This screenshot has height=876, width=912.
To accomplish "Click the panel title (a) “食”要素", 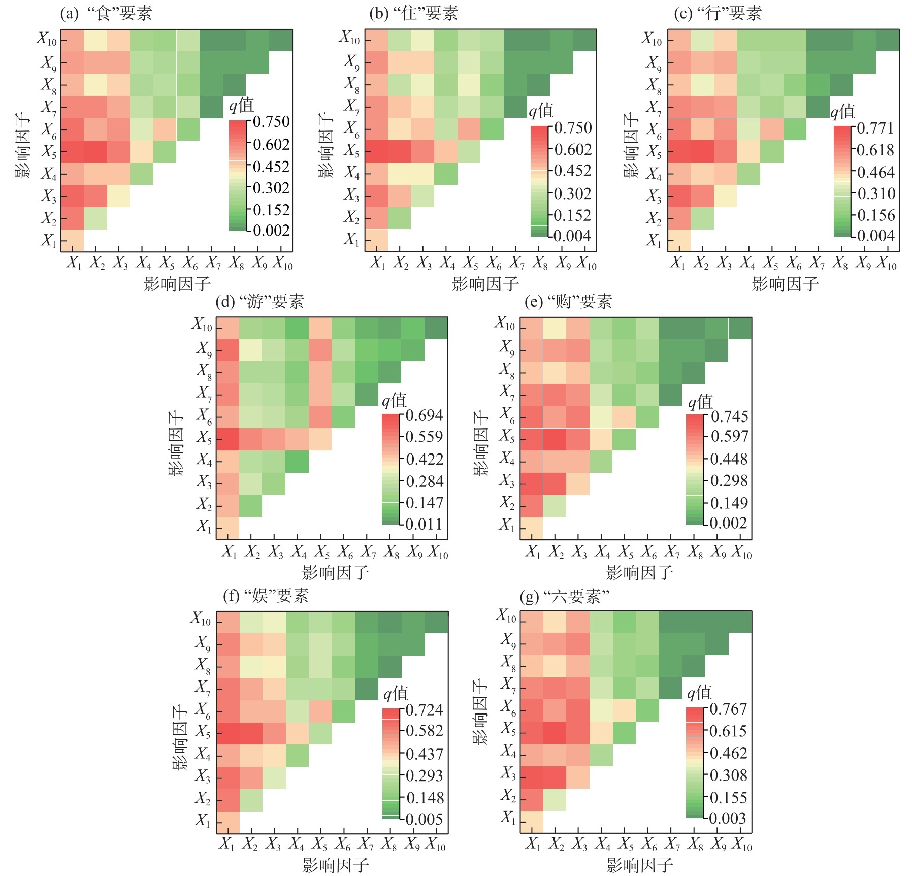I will (106, 13).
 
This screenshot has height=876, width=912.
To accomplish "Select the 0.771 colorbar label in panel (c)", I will (875, 128).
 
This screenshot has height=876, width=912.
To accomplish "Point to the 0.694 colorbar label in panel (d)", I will (425, 415).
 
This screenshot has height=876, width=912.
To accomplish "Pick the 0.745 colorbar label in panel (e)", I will (729, 416).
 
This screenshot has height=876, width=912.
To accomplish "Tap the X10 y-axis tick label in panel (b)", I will (350, 38).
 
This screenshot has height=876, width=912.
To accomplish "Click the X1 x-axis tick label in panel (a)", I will (74, 263).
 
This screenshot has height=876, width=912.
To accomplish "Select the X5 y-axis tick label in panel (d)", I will (204, 437).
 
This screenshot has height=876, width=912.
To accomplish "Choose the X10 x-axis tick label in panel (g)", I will (742, 843).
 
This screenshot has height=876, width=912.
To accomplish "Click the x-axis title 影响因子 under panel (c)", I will (785, 284).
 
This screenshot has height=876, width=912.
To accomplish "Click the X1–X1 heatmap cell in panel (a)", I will (72, 241).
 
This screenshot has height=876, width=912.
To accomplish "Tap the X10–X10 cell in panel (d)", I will (436, 328).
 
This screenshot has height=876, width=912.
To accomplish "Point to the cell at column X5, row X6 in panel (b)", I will (469, 129).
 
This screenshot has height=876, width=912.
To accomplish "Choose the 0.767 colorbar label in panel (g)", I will (728, 709).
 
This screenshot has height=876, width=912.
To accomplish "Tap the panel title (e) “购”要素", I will (568, 302).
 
